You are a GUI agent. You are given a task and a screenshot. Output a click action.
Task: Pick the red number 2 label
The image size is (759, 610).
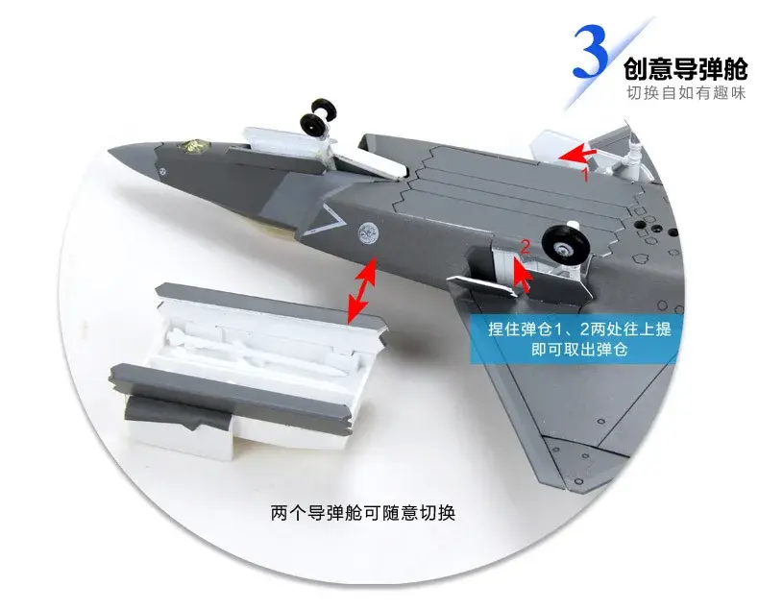pos(525,247)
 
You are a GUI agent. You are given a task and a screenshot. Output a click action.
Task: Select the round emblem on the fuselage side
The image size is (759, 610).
pos(367,232)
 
